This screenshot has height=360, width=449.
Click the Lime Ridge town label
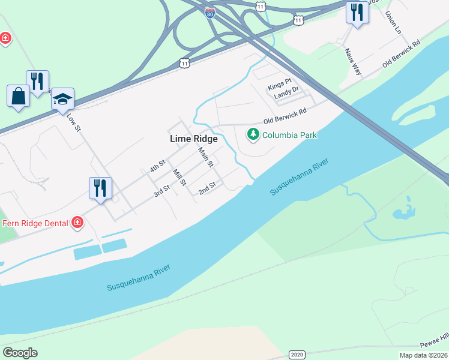point(194,138)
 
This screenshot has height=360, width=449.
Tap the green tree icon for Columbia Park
point(253,134)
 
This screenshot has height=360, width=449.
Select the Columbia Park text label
point(289,135)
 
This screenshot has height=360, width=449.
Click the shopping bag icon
point(18,96)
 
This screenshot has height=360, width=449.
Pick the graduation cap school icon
point(62,99)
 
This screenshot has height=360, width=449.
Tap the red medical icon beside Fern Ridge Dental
point(77,223)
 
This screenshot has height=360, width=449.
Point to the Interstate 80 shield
point(209,13)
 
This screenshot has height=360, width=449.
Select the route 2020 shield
point(297,355)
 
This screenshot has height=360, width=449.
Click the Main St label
point(206,157)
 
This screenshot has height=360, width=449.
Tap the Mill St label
point(179,177)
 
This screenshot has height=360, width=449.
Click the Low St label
point(73,122)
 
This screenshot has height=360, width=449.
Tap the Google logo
point(20,353)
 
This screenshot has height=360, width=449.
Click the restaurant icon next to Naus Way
point(357,12)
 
